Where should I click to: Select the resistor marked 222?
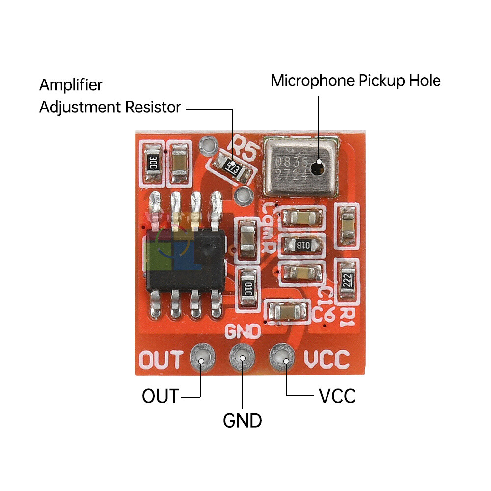346,282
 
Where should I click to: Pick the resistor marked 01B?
302,244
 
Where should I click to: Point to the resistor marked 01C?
247,287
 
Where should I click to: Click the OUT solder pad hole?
201,360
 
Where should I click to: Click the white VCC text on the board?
327,359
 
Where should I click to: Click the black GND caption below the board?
243,421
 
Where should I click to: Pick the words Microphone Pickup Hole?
355,81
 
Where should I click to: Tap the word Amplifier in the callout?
71,85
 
